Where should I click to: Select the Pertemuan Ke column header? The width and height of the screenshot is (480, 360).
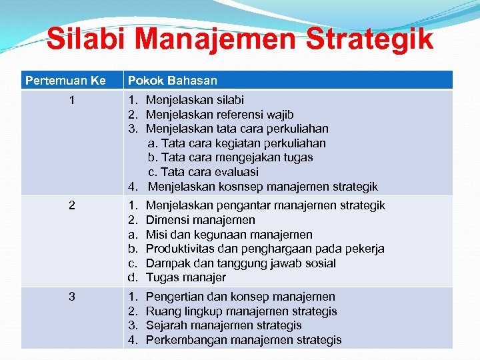pyautogui.click(x=65, y=81)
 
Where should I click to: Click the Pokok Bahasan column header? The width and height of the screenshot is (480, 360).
pyautogui.click(x=173, y=81)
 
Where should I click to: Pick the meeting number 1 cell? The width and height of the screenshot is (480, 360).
pyautogui.click(x=72, y=100)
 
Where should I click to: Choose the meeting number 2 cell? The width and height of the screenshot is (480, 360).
pyautogui.click(x=72, y=205)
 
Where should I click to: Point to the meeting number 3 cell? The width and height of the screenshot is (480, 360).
pyautogui.click(x=72, y=297)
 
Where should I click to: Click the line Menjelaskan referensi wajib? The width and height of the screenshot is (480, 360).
pyautogui.click(x=219, y=115)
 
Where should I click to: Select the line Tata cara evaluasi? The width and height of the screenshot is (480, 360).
pyautogui.click(x=203, y=172)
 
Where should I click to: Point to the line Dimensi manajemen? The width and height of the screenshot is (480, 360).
pyautogui.click(x=200, y=220)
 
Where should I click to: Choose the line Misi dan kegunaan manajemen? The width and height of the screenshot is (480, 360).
pyautogui.click(x=229, y=235)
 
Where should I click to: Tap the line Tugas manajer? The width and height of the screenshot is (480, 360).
pyautogui.click(x=185, y=277)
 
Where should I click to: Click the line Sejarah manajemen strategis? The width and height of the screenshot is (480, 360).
pyautogui.click(x=223, y=325)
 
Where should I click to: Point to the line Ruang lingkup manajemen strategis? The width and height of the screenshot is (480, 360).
pyautogui.click(x=241, y=311)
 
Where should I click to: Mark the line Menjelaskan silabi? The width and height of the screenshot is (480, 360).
pyautogui.click(x=195, y=100)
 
